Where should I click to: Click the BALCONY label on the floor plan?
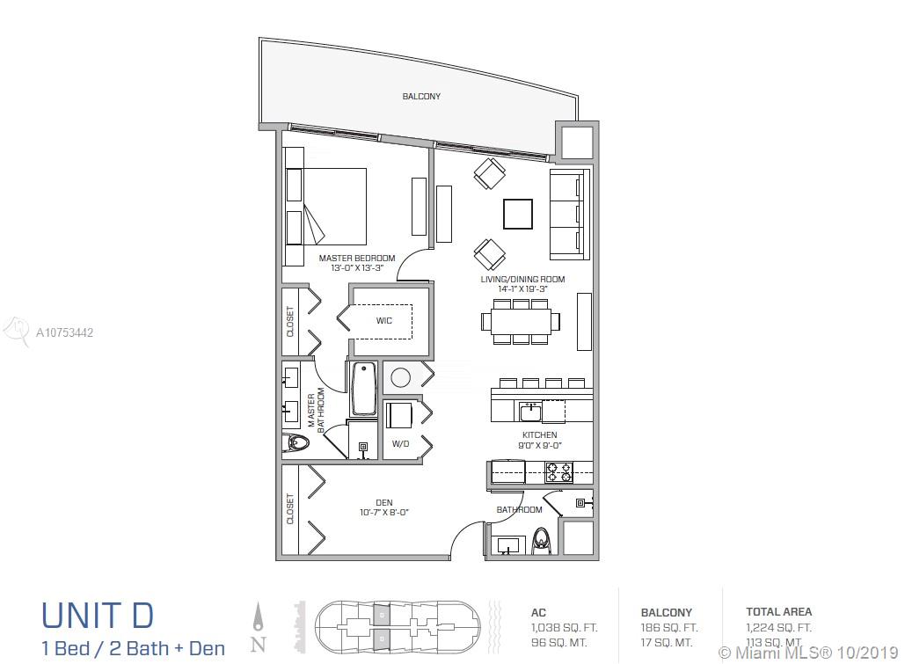click(x=421, y=97)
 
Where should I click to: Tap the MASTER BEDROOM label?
click(x=357, y=258)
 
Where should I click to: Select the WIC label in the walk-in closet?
click(x=383, y=320)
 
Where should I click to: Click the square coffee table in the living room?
click(x=518, y=215)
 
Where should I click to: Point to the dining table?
click(x=521, y=321)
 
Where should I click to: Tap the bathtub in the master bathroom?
click(x=363, y=389)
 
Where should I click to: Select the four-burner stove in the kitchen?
click(x=559, y=472)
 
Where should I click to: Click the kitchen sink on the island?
click(x=529, y=412)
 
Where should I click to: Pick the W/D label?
click(x=400, y=444)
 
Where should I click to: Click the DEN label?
click(x=383, y=503)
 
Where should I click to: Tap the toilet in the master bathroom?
click(x=297, y=443)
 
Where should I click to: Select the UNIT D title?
click(x=98, y=616)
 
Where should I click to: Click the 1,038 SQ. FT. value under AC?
click(x=564, y=628)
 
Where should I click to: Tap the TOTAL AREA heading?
click(x=778, y=611)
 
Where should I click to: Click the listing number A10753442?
click(x=65, y=332)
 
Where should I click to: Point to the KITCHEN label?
click(x=540, y=434)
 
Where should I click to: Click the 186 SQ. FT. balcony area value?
click(x=669, y=628)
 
